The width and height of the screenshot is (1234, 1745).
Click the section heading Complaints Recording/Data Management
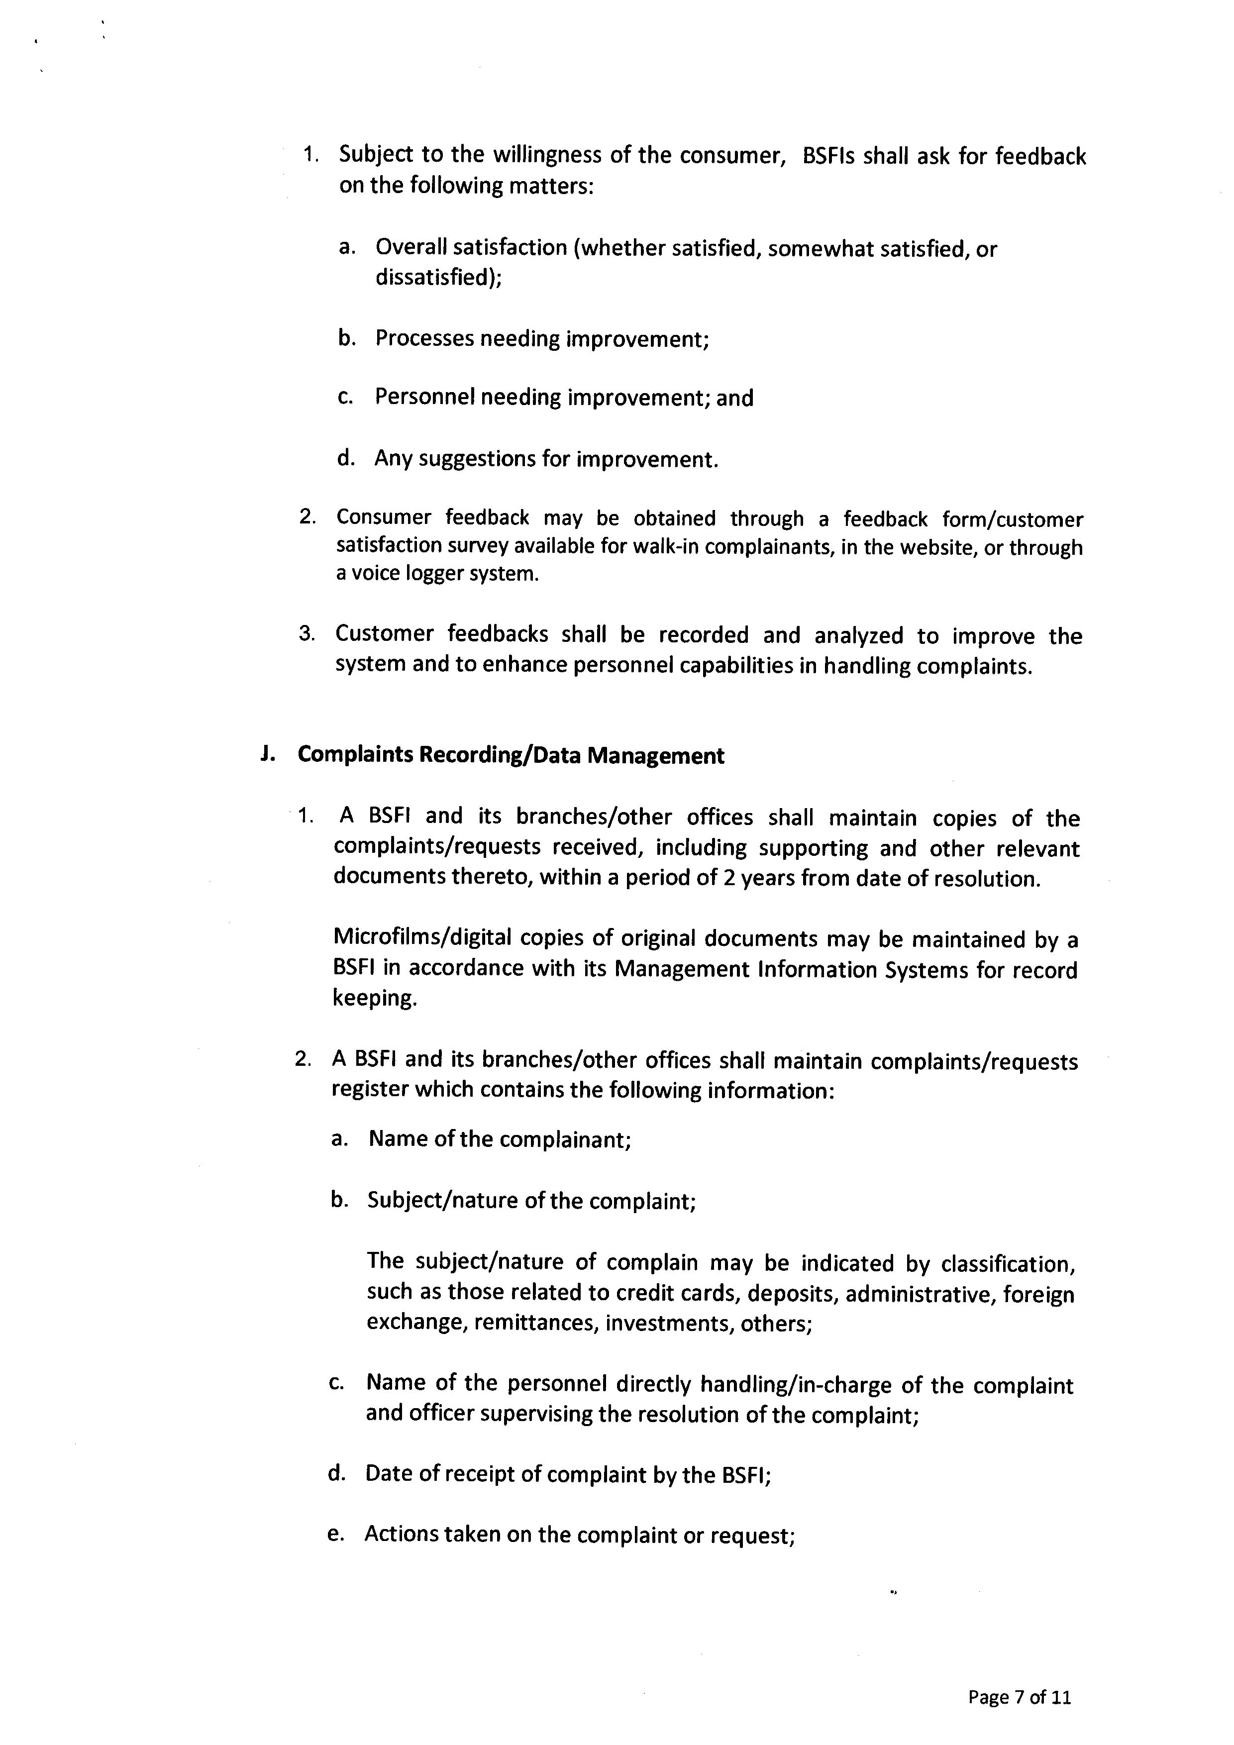[x=511, y=755]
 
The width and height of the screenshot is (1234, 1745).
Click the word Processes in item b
[x=425, y=338]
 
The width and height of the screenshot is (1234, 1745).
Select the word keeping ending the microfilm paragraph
[x=375, y=999]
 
